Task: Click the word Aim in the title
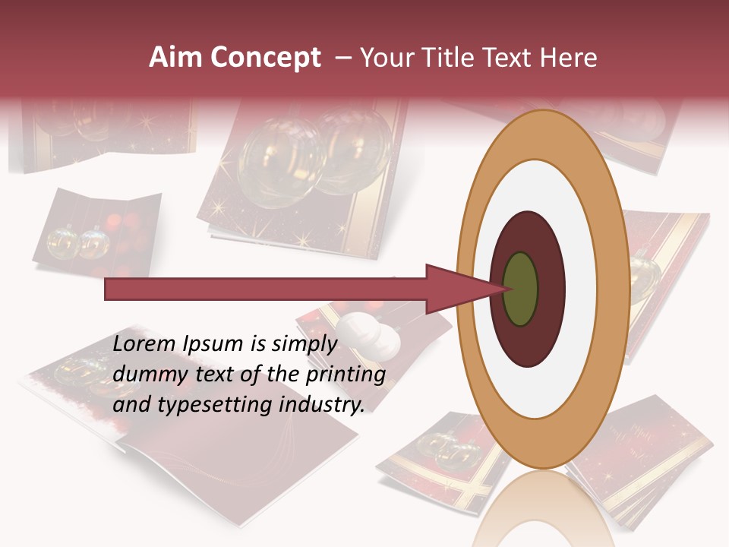pyautogui.click(x=171, y=58)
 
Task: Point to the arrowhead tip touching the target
pyautogui.click(x=505, y=289)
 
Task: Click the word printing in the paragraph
pyautogui.click(x=342, y=375)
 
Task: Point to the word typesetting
pyautogui.click(x=210, y=406)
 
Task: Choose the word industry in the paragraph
pyautogui.click(x=320, y=405)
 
